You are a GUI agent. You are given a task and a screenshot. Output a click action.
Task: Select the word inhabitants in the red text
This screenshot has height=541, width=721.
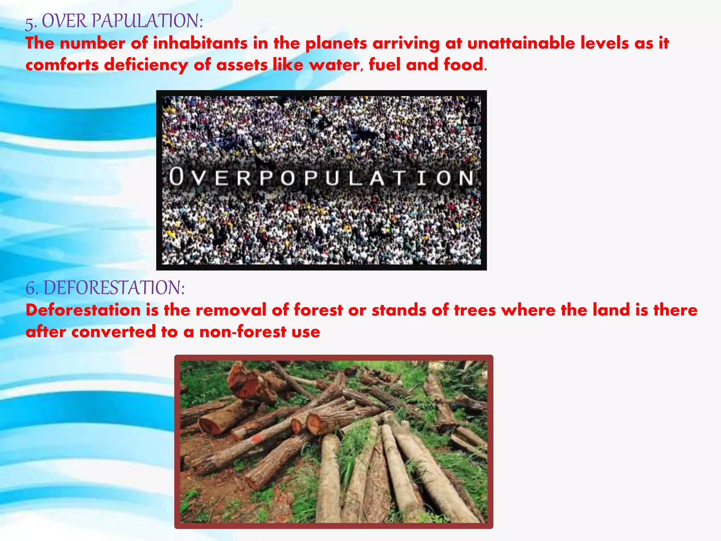(200, 43)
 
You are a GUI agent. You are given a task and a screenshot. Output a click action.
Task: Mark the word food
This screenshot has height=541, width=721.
(464, 65)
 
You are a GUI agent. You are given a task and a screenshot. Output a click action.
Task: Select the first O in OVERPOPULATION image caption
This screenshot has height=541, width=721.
(176, 177)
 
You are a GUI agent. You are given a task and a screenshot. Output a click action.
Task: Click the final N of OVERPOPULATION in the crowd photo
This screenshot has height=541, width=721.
(466, 178)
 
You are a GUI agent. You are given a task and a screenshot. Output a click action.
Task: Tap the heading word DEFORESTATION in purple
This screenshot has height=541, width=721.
(114, 288)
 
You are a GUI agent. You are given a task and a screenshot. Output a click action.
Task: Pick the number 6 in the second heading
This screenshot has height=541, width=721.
(31, 288)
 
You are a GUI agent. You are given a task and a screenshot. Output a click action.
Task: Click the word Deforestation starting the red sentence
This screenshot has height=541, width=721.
(83, 310)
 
